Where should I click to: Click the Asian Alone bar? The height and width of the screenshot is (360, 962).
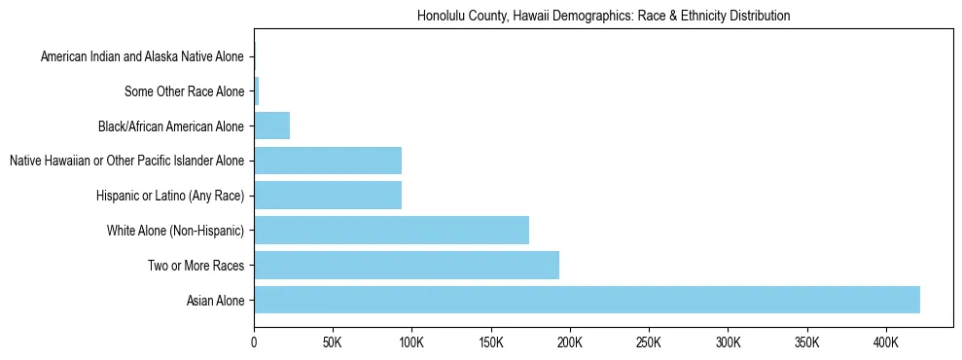click(x=587, y=300)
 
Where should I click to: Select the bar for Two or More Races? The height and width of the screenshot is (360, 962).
click(x=407, y=265)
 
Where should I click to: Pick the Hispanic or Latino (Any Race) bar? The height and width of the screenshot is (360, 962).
click(x=328, y=196)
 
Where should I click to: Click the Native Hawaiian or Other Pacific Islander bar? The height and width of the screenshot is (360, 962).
click(x=328, y=161)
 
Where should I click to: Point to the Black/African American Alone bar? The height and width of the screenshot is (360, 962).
click(x=271, y=126)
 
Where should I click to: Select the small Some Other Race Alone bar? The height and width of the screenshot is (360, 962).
click(x=257, y=91)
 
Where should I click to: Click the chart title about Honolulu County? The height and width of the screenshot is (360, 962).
click(x=603, y=17)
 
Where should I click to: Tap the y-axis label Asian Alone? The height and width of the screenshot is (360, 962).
click(x=216, y=301)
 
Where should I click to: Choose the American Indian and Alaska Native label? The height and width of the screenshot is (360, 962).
click(x=142, y=57)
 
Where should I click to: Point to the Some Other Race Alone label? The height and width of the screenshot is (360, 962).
click(x=184, y=92)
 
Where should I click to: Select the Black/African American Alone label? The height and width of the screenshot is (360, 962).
click(x=170, y=126)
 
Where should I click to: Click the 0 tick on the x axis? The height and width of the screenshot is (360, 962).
click(x=254, y=342)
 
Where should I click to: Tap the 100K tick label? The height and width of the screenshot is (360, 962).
click(x=411, y=342)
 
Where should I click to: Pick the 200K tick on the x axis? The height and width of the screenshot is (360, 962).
click(x=570, y=342)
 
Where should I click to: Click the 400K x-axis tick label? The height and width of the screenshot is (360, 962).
click(x=886, y=342)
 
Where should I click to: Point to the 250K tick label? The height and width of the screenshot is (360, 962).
click(x=649, y=342)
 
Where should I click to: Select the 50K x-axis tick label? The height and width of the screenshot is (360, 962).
click(x=333, y=342)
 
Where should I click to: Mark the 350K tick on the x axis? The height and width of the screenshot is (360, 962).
click(x=807, y=342)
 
